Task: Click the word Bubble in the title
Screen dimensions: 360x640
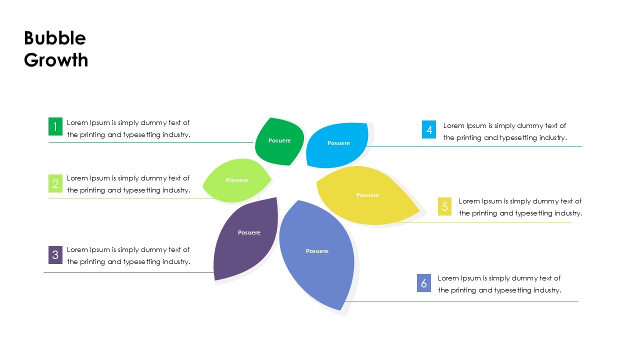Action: [55, 38]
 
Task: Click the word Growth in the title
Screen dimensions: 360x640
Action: [56, 60]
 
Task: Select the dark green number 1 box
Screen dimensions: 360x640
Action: [55, 126]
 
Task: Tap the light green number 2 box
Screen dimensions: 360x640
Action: [55, 183]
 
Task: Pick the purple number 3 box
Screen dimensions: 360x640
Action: [55, 255]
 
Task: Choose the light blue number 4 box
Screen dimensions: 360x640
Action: [429, 129]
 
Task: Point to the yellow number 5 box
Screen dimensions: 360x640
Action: [445, 206]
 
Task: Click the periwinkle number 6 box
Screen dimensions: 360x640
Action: [424, 283]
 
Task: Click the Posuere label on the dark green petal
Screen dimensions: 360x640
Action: [279, 140]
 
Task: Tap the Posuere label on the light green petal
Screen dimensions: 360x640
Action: [237, 180]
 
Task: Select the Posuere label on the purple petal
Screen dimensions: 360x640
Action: [249, 232]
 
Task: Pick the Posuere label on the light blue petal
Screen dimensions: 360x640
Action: [338, 143]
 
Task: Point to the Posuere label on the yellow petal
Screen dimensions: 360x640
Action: [367, 195]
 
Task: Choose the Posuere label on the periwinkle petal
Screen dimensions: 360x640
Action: [317, 251]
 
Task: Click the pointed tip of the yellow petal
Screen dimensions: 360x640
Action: [419, 211]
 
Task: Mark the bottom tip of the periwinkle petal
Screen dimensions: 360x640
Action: [343, 309]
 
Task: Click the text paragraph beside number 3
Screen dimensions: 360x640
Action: [128, 255]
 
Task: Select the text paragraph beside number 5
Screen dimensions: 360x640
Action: [520, 207]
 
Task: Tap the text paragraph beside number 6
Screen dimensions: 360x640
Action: [499, 284]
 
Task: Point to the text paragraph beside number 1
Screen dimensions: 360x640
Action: [128, 128]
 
